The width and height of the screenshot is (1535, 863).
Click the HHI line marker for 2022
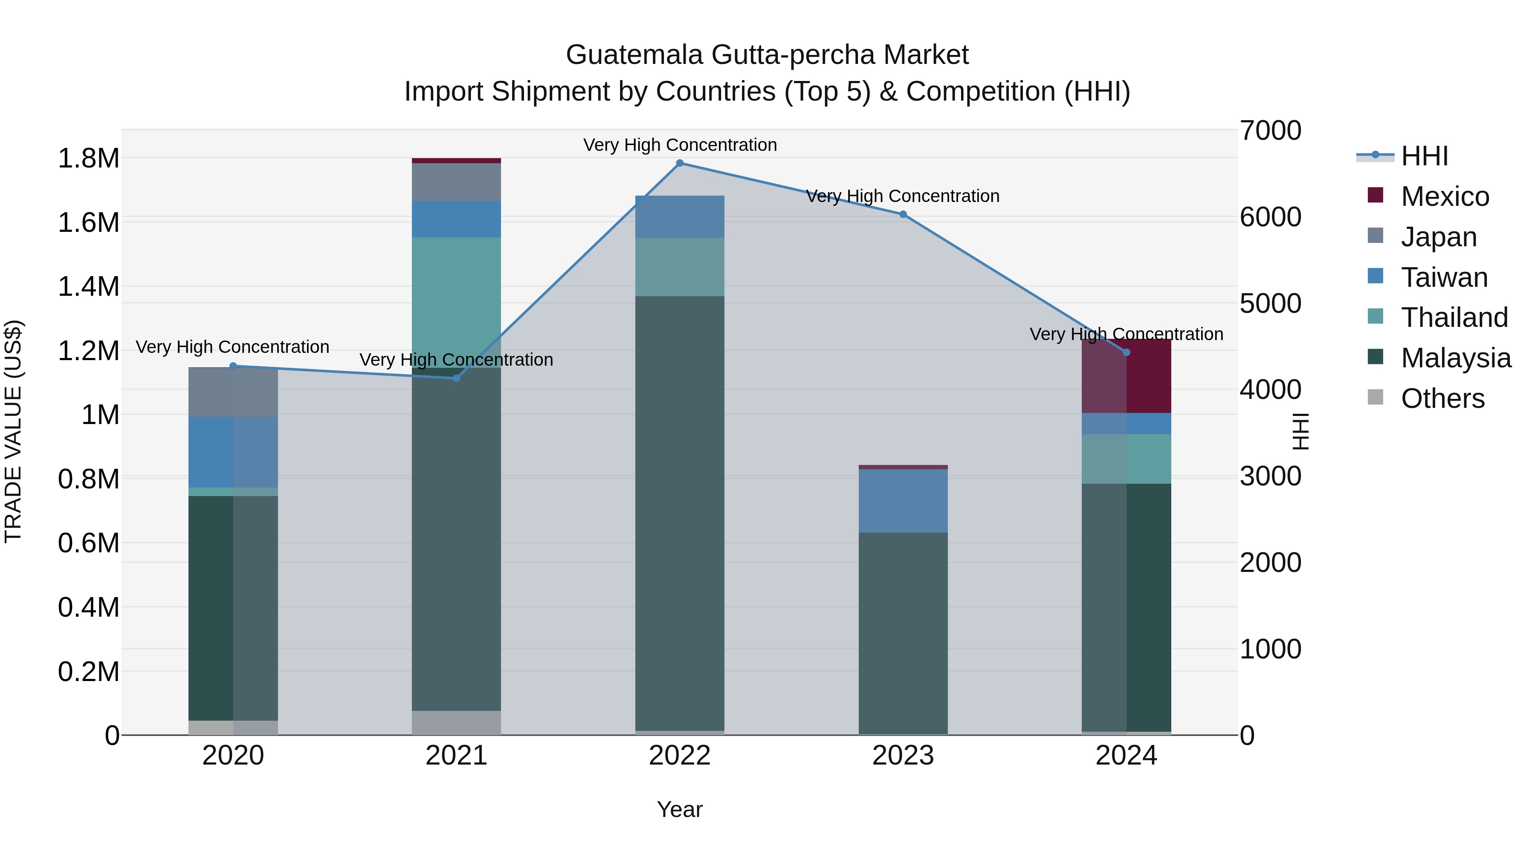click(680, 163)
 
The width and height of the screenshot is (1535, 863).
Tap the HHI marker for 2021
click(456, 378)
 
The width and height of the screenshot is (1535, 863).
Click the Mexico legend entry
click(1445, 196)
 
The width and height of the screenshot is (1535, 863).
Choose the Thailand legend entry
click(1454, 317)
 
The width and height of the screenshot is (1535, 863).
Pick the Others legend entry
click(1442, 398)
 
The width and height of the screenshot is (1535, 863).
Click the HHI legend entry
click(1424, 156)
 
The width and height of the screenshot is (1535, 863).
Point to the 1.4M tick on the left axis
click(88, 286)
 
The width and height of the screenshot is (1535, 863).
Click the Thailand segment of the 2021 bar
click(456, 302)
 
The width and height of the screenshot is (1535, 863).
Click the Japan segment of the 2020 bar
click(233, 393)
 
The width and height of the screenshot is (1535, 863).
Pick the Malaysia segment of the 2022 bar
click(680, 512)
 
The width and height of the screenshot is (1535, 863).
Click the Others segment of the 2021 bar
click(456, 722)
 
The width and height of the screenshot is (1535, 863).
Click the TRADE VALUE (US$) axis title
click(13, 431)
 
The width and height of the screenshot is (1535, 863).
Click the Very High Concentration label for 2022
click(680, 145)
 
